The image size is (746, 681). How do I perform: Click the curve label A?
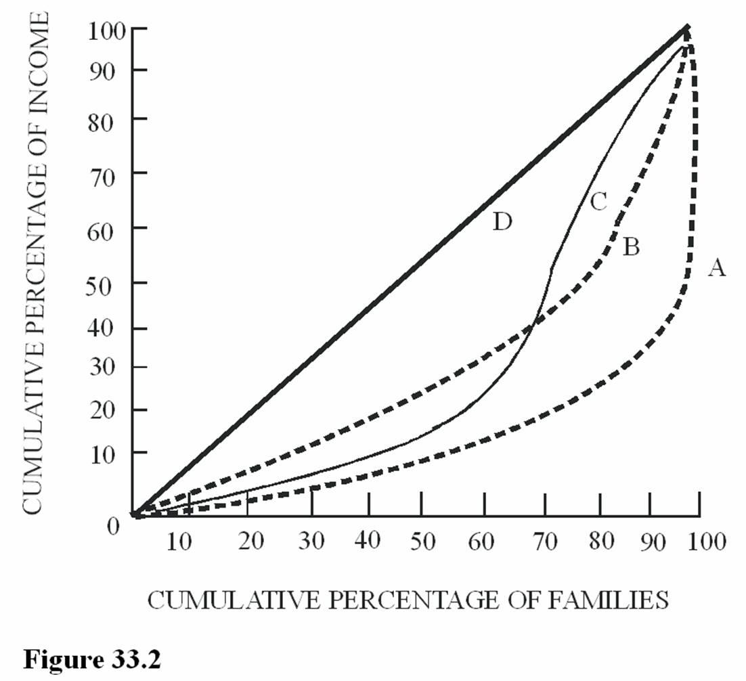(x=716, y=269)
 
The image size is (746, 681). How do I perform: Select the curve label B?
(x=630, y=247)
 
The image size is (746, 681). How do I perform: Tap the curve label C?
(x=598, y=201)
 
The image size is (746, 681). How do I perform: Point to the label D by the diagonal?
(x=502, y=221)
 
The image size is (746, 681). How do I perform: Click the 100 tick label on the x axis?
(x=705, y=542)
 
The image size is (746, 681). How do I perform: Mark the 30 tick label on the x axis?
(x=311, y=542)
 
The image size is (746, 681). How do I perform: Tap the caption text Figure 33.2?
(x=93, y=659)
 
